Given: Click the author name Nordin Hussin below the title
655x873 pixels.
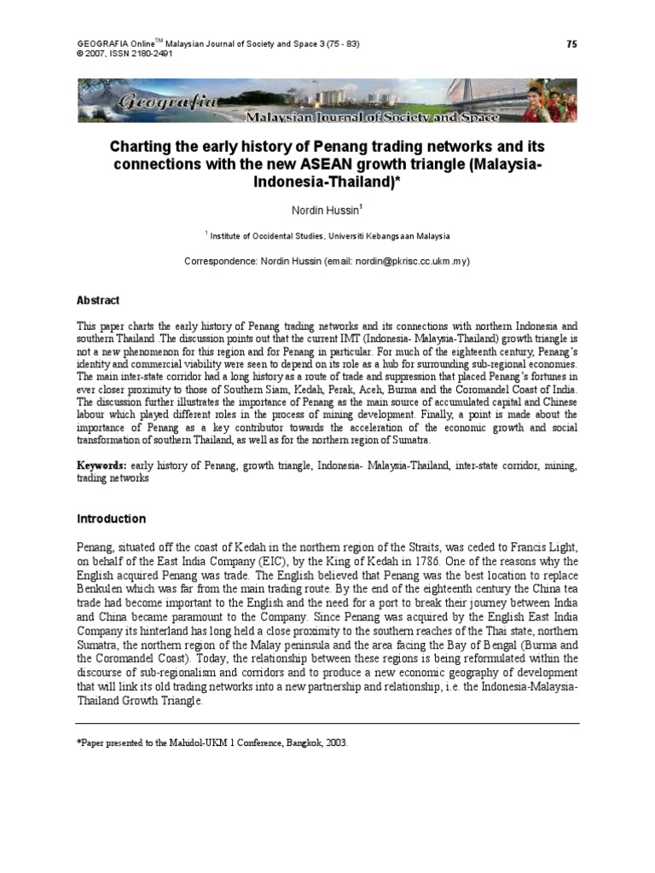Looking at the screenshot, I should point(327,209).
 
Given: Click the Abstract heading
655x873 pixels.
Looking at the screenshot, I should point(98,301).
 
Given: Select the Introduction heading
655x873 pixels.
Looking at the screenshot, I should point(112,518).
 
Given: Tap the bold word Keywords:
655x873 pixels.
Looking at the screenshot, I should point(102,465).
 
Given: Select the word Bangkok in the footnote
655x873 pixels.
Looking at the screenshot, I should point(299,743).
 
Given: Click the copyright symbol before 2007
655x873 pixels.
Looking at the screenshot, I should point(80,53).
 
